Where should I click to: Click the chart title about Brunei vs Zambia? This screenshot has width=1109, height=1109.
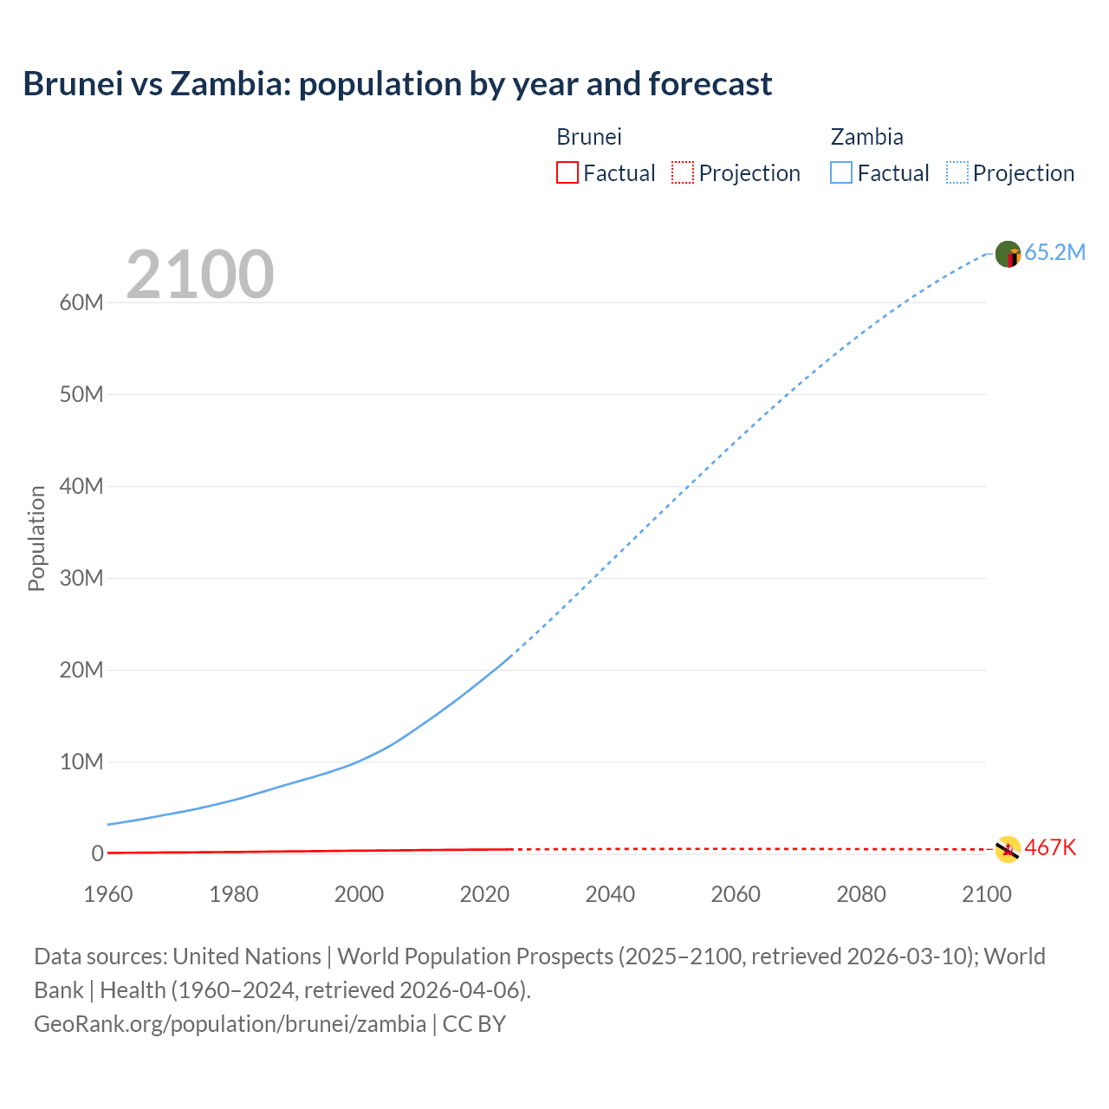tap(398, 84)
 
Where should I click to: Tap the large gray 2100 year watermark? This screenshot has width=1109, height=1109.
tap(200, 275)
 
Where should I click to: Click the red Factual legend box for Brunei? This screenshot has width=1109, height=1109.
tap(567, 172)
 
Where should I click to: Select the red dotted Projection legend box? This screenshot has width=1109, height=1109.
tap(683, 172)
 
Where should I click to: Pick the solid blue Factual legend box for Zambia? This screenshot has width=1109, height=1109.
tap(841, 172)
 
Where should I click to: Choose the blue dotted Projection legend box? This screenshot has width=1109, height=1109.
tap(957, 172)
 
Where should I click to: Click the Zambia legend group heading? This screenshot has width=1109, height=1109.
tap(866, 137)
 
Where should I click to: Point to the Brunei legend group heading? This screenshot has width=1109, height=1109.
tap(589, 137)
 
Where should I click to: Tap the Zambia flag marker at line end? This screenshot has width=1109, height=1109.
tap(1008, 254)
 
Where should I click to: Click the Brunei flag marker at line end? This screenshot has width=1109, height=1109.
tap(1008, 849)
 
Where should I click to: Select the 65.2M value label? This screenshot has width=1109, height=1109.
tap(1054, 252)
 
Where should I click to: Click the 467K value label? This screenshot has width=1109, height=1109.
tap(1050, 847)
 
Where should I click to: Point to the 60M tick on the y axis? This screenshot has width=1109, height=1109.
tap(81, 302)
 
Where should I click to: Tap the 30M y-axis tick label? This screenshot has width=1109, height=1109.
tap(81, 578)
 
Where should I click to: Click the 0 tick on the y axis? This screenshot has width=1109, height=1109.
tap(97, 853)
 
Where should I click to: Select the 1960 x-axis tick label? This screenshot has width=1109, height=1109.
tap(108, 894)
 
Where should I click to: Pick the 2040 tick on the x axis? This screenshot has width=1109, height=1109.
tap(610, 894)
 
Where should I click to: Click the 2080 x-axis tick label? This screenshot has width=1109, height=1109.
tap(861, 894)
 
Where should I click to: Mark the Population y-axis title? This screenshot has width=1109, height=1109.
tap(36, 538)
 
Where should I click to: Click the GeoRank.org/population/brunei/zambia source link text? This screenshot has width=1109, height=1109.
tap(230, 1023)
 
